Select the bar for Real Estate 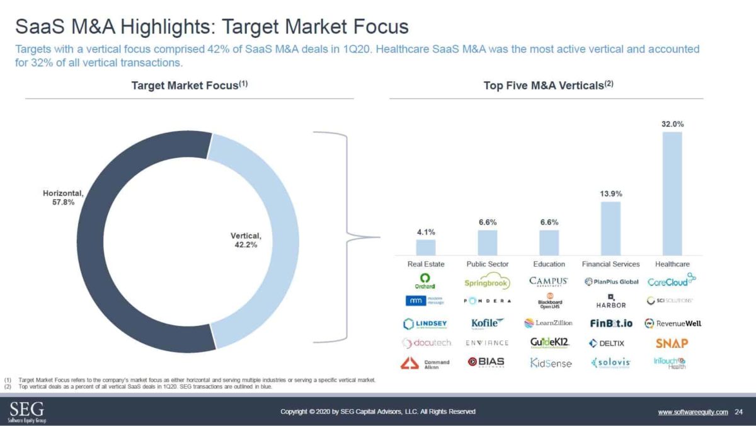425,247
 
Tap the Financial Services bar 610,228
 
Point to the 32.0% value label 672,124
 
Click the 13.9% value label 610,193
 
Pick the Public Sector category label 487,264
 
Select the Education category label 549,264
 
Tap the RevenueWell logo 672,323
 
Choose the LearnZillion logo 548,323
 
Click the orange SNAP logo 672,343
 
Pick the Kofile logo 488,323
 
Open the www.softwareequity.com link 692,412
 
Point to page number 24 738,412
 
